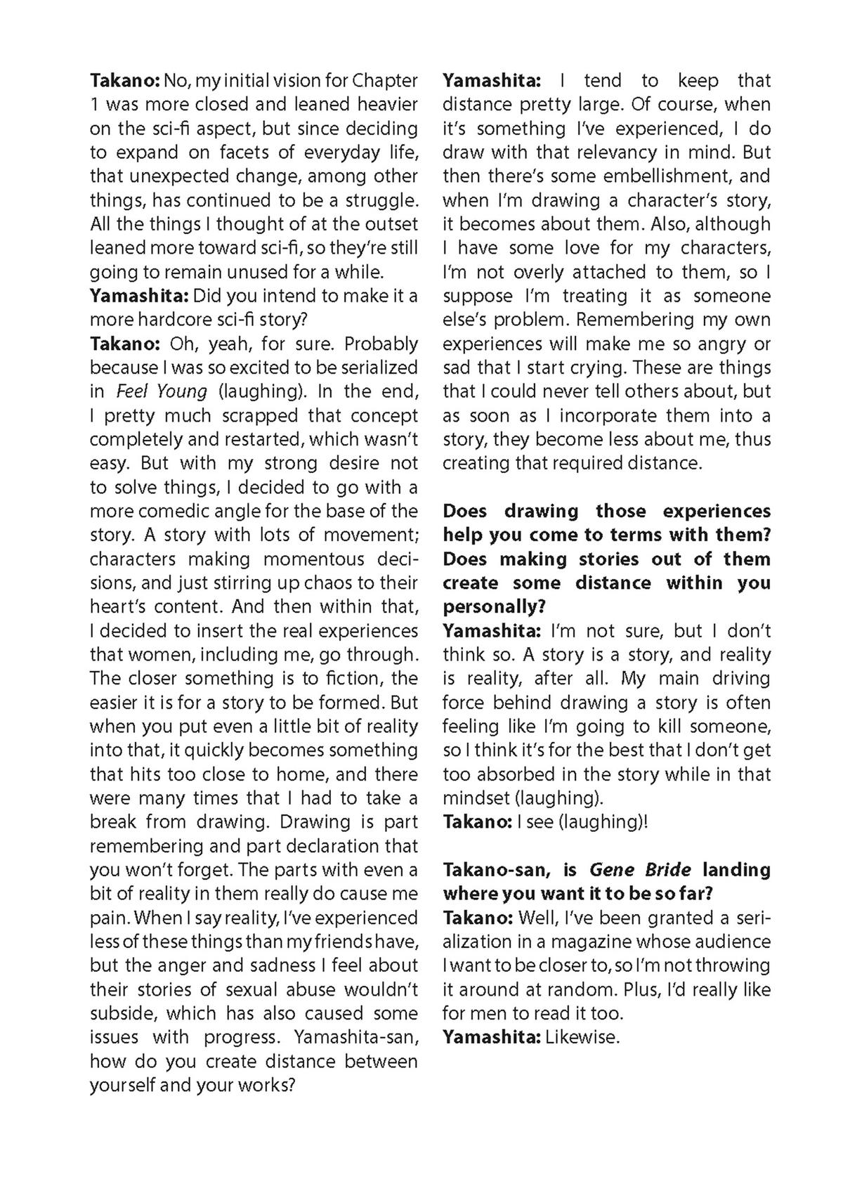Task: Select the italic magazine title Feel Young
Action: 162,391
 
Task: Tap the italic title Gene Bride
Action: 640,871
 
